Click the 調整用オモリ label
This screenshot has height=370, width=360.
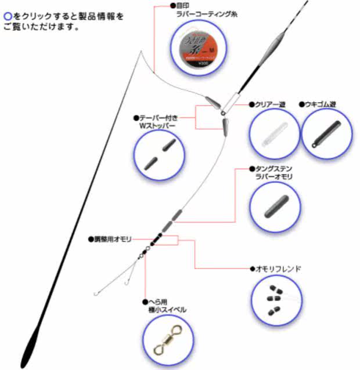pyautogui.click(x=114, y=238)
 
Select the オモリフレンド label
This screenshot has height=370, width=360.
pyautogui.click(x=278, y=269)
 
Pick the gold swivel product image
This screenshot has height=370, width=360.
pyautogui.click(x=167, y=342)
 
